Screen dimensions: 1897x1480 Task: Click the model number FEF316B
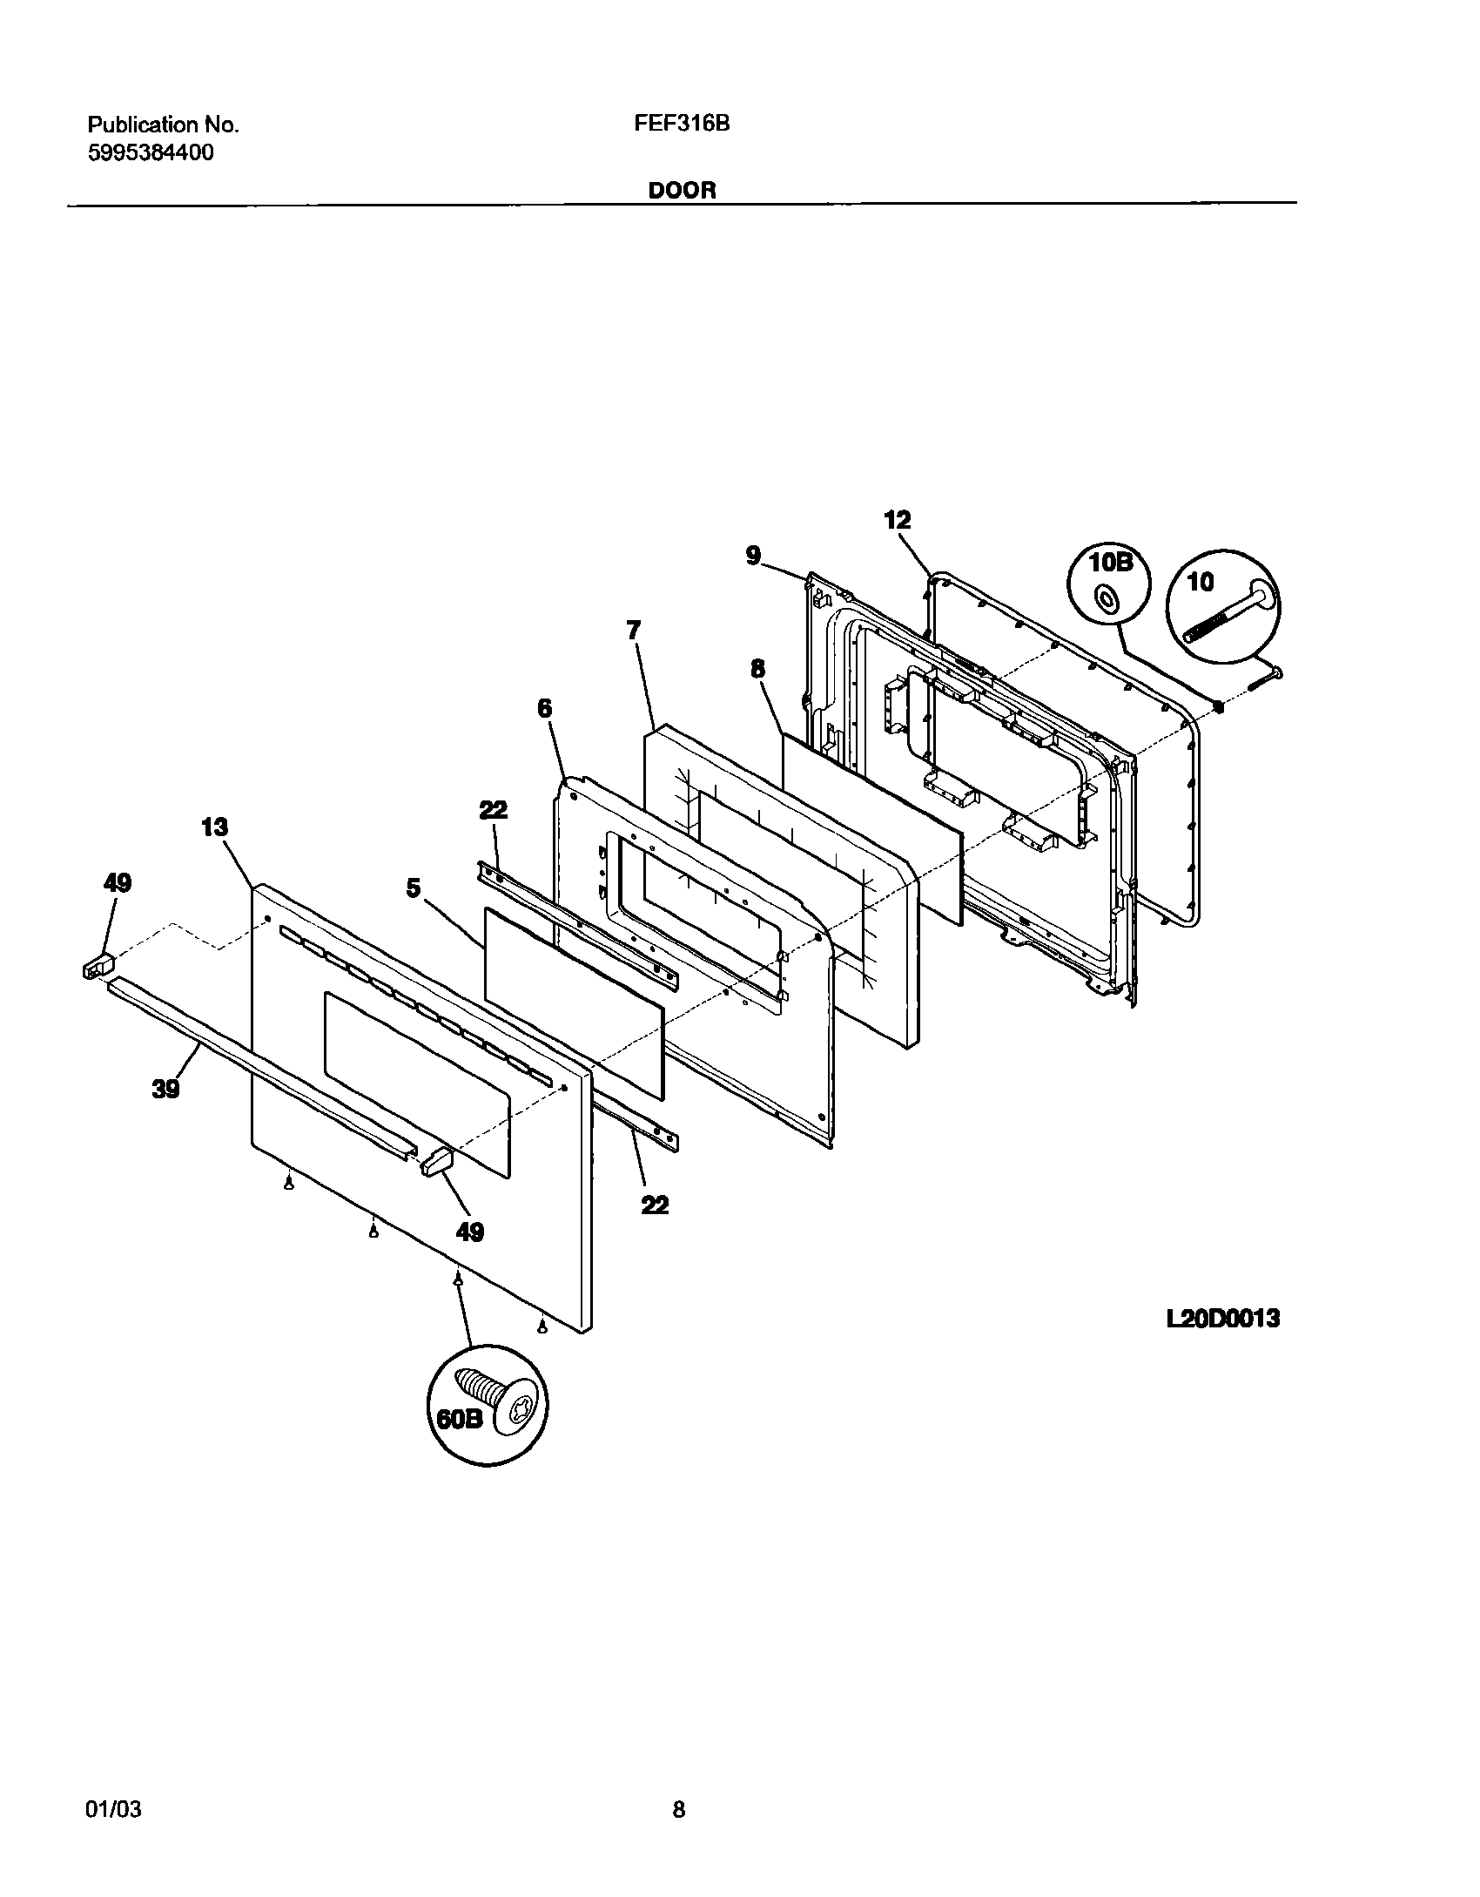click(681, 124)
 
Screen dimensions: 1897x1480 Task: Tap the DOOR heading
click(682, 191)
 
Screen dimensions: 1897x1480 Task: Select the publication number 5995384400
click(151, 153)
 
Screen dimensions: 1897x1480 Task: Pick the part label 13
click(214, 827)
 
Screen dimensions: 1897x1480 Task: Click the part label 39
click(165, 1088)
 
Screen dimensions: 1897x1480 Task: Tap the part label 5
click(413, 888)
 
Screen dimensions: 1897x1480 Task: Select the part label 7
click(633, 631)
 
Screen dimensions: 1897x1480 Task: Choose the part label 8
click(757, 669)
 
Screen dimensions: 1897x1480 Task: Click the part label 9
click(753, 555)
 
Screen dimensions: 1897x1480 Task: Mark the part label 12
click(897, 520)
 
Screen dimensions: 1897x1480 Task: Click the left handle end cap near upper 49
click(98, 966)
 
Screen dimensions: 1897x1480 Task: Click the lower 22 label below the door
click(655, 1205)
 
